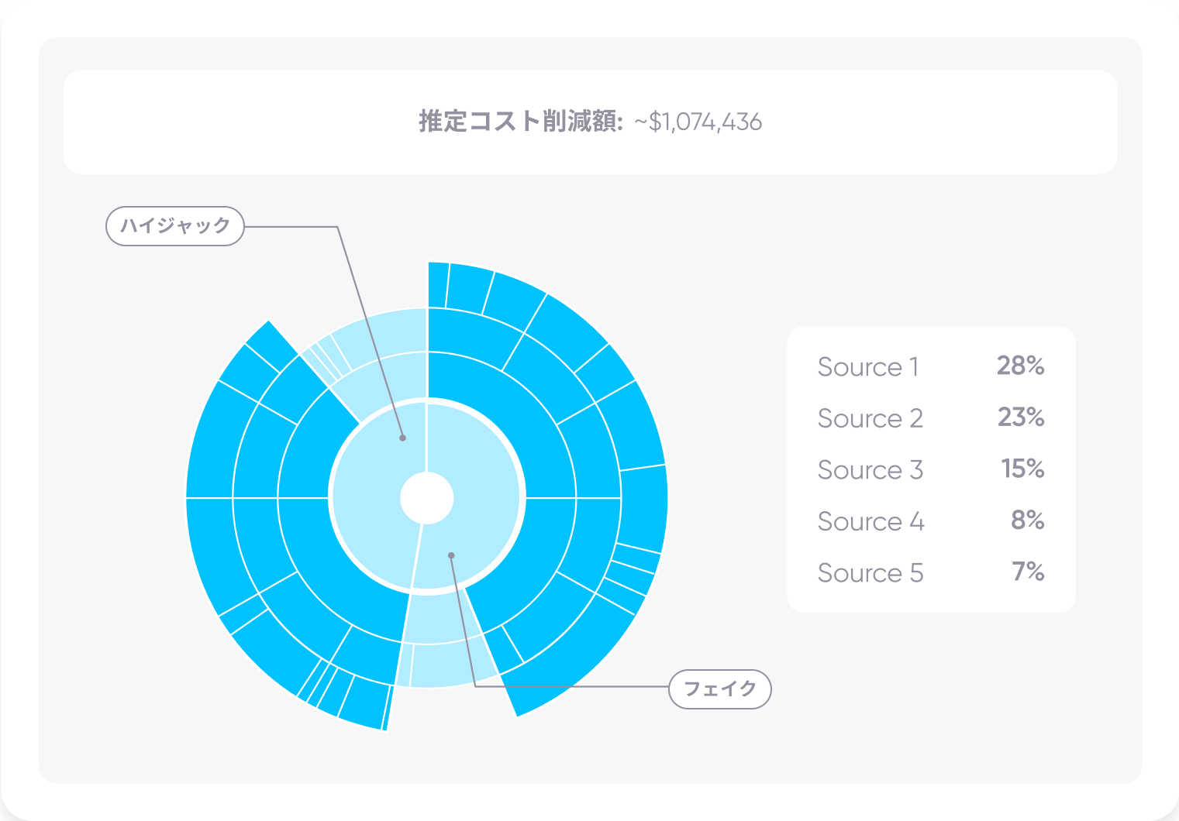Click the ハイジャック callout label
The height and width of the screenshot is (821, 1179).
click(174, 226)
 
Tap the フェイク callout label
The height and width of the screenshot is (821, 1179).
click(719, 689)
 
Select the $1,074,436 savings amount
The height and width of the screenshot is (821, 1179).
click(705, 122)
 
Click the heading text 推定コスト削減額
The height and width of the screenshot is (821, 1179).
click(521, 122)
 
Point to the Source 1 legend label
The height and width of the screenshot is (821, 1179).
click(868, 366)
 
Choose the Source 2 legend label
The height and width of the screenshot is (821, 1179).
click(870, 418)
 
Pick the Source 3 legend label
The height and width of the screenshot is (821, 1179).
click(870, 469)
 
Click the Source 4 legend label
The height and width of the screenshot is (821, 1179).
click(870, 521)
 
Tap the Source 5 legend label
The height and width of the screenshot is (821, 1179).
click(870, 572)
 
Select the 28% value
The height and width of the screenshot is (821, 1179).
click(1020, 366)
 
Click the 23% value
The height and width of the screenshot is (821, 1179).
click(1021, 417)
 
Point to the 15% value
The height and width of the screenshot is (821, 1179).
click(1022, 469)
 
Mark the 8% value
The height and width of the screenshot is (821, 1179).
click(1027, 520)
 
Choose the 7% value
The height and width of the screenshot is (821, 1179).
click(1028, 572)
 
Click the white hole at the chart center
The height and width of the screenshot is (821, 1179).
click(427, 497)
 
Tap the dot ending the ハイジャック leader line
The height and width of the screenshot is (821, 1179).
click(402, 438)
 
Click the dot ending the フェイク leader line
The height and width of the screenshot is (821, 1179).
click(451, 555)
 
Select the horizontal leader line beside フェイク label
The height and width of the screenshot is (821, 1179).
click(571, 686)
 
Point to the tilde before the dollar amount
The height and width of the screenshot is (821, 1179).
click(640, 122)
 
